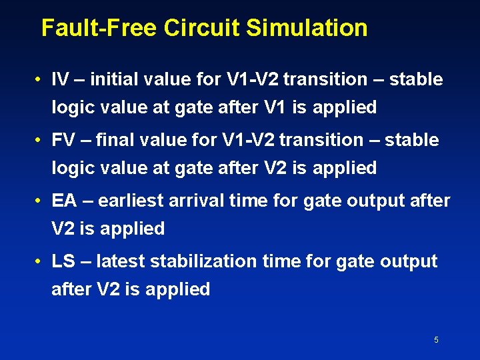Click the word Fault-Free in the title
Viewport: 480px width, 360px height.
coord(99,28)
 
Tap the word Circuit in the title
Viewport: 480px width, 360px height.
coord(202,28)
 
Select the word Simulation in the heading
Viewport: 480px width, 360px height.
coord(307,28)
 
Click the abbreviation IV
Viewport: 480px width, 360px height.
coord(60,80)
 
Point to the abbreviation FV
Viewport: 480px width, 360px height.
coord(63,141)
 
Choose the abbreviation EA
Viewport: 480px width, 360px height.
coord(64,201)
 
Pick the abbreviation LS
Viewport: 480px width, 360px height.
coord(63,261)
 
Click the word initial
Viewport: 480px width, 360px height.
coord(110,80)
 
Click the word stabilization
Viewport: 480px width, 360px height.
coord(203,261)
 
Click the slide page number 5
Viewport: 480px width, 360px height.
coord(436,340)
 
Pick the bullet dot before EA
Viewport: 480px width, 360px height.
coord(41,201)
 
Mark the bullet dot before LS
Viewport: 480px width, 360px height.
coord(41,262)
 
